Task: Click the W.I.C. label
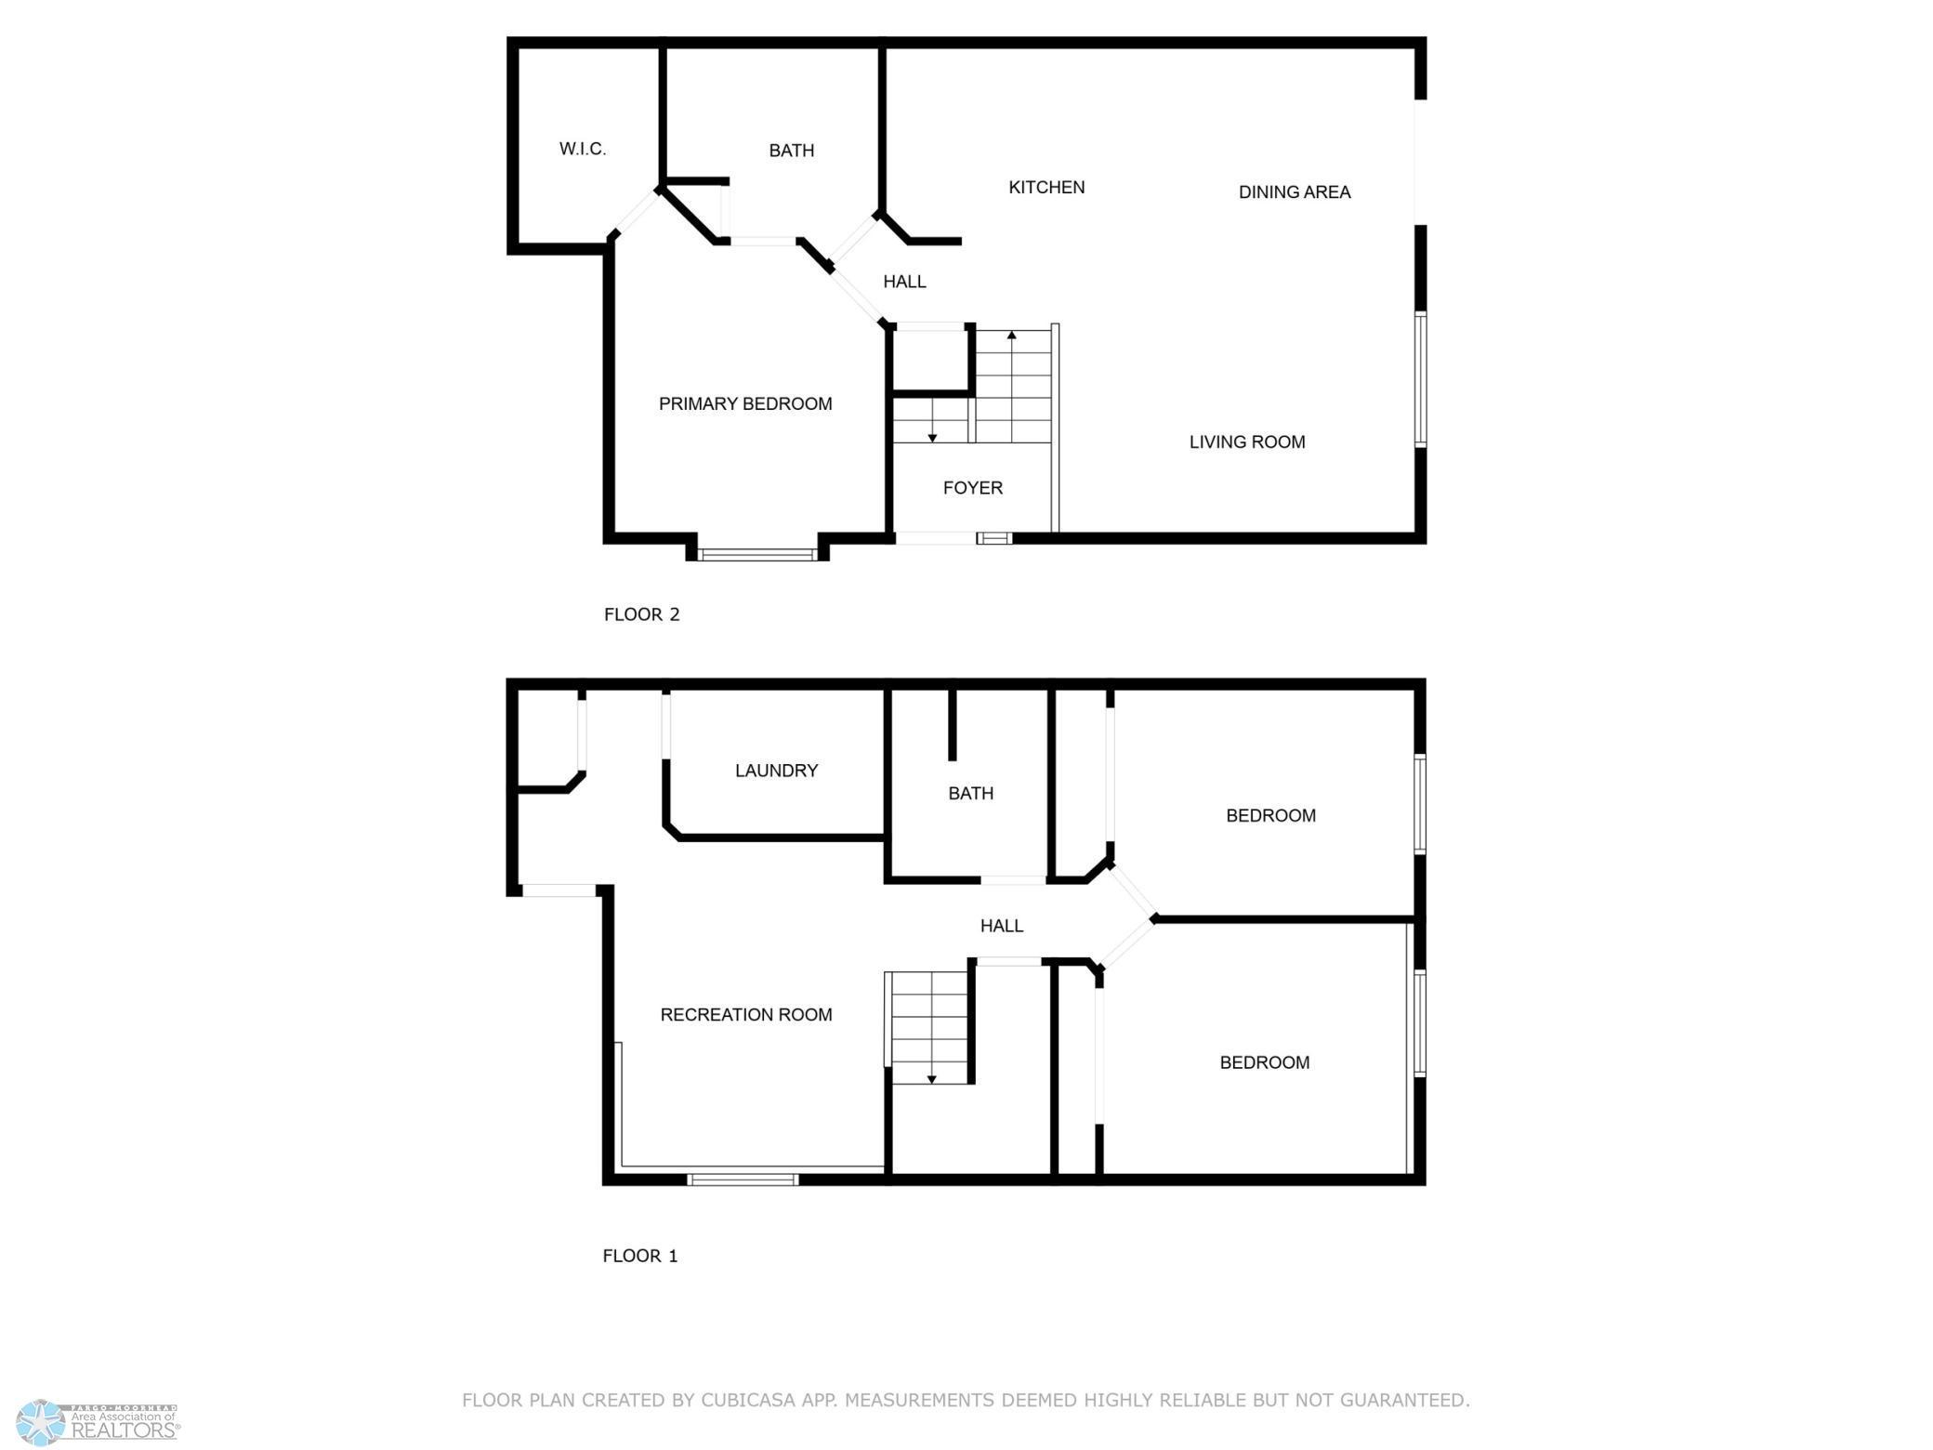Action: [x=583, y=149]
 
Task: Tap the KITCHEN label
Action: [x=1046, y=188]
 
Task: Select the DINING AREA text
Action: [x=1294, y=192]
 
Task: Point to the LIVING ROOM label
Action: [x=1246, y=442]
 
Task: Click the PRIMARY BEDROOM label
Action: [x=744, y=404]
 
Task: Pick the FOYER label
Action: [x=972, y=488]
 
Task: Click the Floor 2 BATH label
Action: [x=791, y=151]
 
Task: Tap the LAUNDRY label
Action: [x=776, y=771]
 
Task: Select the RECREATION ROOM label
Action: [x=745, y=1015]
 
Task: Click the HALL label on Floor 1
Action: [x=1001, y=926]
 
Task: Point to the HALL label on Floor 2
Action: [x=903, y=282]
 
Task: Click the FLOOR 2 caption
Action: [x=641, y=614]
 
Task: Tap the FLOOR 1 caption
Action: [x=639, y=1256]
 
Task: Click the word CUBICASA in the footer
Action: [x=752, y=1400]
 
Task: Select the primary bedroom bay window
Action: [x=757, y=555]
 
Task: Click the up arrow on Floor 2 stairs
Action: [x=1011, y=335]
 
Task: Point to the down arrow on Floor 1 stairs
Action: [x=931, y=1078]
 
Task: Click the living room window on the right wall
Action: [x=1420, y=379]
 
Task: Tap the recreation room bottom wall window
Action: [x=743, y=1180]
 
